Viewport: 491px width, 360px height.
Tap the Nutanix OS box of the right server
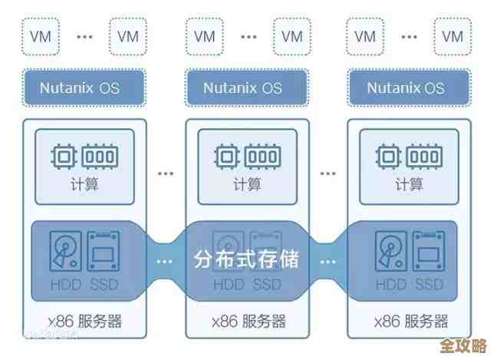406,87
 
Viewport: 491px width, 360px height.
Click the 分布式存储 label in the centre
245,258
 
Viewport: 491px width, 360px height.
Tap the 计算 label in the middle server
246,184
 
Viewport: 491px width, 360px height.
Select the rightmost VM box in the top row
453,36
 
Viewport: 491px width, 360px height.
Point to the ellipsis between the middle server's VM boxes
246,36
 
